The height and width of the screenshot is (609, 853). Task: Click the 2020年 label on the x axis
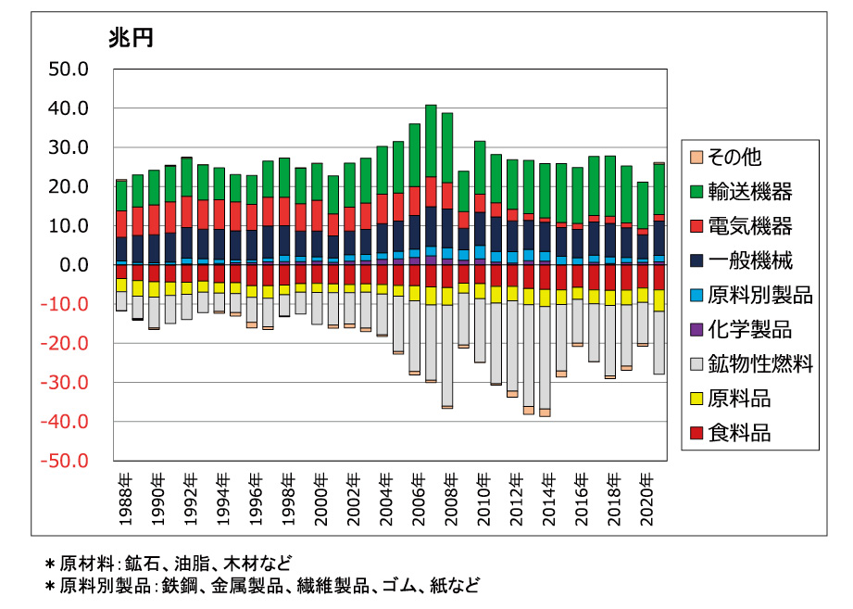[648, 501]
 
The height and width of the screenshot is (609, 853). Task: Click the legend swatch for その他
[695, 158]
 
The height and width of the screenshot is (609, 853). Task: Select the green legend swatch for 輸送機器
[695, 193]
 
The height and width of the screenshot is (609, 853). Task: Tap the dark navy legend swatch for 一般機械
[695, 261]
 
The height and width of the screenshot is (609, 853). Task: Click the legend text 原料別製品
[759, 296]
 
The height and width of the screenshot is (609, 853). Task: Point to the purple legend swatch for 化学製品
[695, 330]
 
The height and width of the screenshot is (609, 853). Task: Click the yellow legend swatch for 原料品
[695, 400]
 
